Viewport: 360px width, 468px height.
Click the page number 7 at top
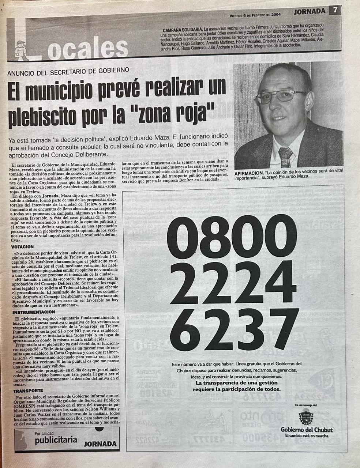click(x=335, y=11)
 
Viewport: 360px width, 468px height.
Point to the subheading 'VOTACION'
click(x=23, y=247)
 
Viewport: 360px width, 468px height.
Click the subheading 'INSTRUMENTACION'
click(x=34, y=312)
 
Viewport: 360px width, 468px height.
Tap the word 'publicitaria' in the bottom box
click(x=56, y=440)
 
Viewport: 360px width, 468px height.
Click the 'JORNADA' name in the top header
click(x=309, y=11)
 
